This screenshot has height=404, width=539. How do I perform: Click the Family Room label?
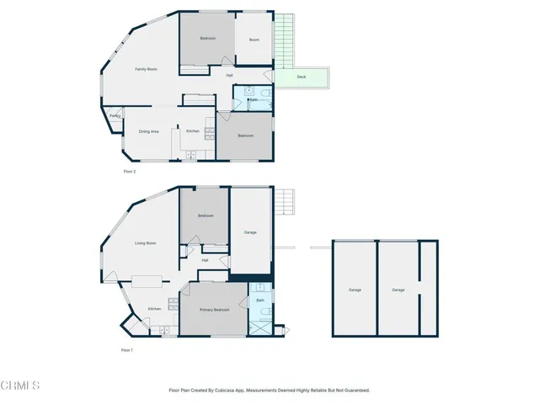point(147,69)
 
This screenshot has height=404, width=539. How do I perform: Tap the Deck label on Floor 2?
point(302,77)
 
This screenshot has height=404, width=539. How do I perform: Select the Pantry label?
point(115,116)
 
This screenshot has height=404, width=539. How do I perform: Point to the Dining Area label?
point(149,131)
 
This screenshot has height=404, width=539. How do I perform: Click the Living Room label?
point(146,243)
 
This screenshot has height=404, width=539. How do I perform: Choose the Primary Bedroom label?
point(214,311)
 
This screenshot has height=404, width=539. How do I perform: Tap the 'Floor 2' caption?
point(129,172)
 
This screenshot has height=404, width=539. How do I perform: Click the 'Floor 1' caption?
point(127,350)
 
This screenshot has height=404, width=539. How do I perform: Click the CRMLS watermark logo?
point(21,386)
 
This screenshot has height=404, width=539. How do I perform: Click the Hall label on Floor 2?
point(229,77)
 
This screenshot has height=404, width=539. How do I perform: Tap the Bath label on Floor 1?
point(260,300)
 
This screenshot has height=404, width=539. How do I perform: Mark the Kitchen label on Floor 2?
point(193,131)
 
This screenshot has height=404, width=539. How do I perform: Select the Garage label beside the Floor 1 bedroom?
point(250,232)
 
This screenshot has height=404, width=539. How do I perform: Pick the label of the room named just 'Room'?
point(253,39)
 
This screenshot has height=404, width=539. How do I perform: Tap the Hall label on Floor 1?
point(205,260)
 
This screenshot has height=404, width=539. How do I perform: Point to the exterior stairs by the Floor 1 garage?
point(286,202)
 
